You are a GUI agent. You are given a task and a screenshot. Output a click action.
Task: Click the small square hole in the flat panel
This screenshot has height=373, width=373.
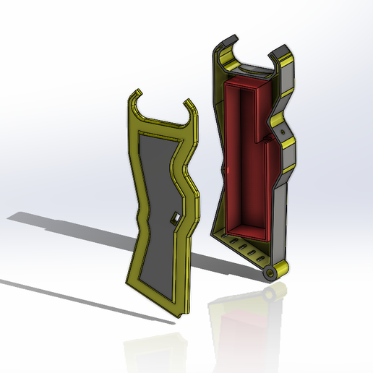[x=175, y=218]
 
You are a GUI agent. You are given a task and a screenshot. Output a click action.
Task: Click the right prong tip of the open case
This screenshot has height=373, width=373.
[x=279, y=52]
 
